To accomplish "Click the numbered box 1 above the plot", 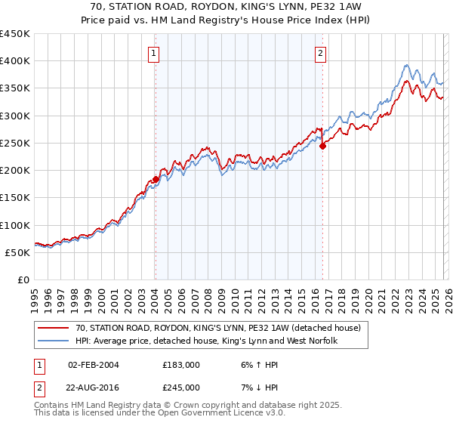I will [x=154, y=53].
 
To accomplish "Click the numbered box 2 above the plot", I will [x=321, y=53].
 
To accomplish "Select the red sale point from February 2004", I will [x=156, y=179].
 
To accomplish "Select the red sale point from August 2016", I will [x=322, y=146].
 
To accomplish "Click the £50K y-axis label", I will [x=18, y=252].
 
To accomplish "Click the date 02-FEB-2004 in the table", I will [x=93, y=365].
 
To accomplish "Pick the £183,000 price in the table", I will [x=180, y=365].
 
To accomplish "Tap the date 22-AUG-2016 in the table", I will [x=93, y=387].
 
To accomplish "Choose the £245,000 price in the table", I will [x=180, y=387].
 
